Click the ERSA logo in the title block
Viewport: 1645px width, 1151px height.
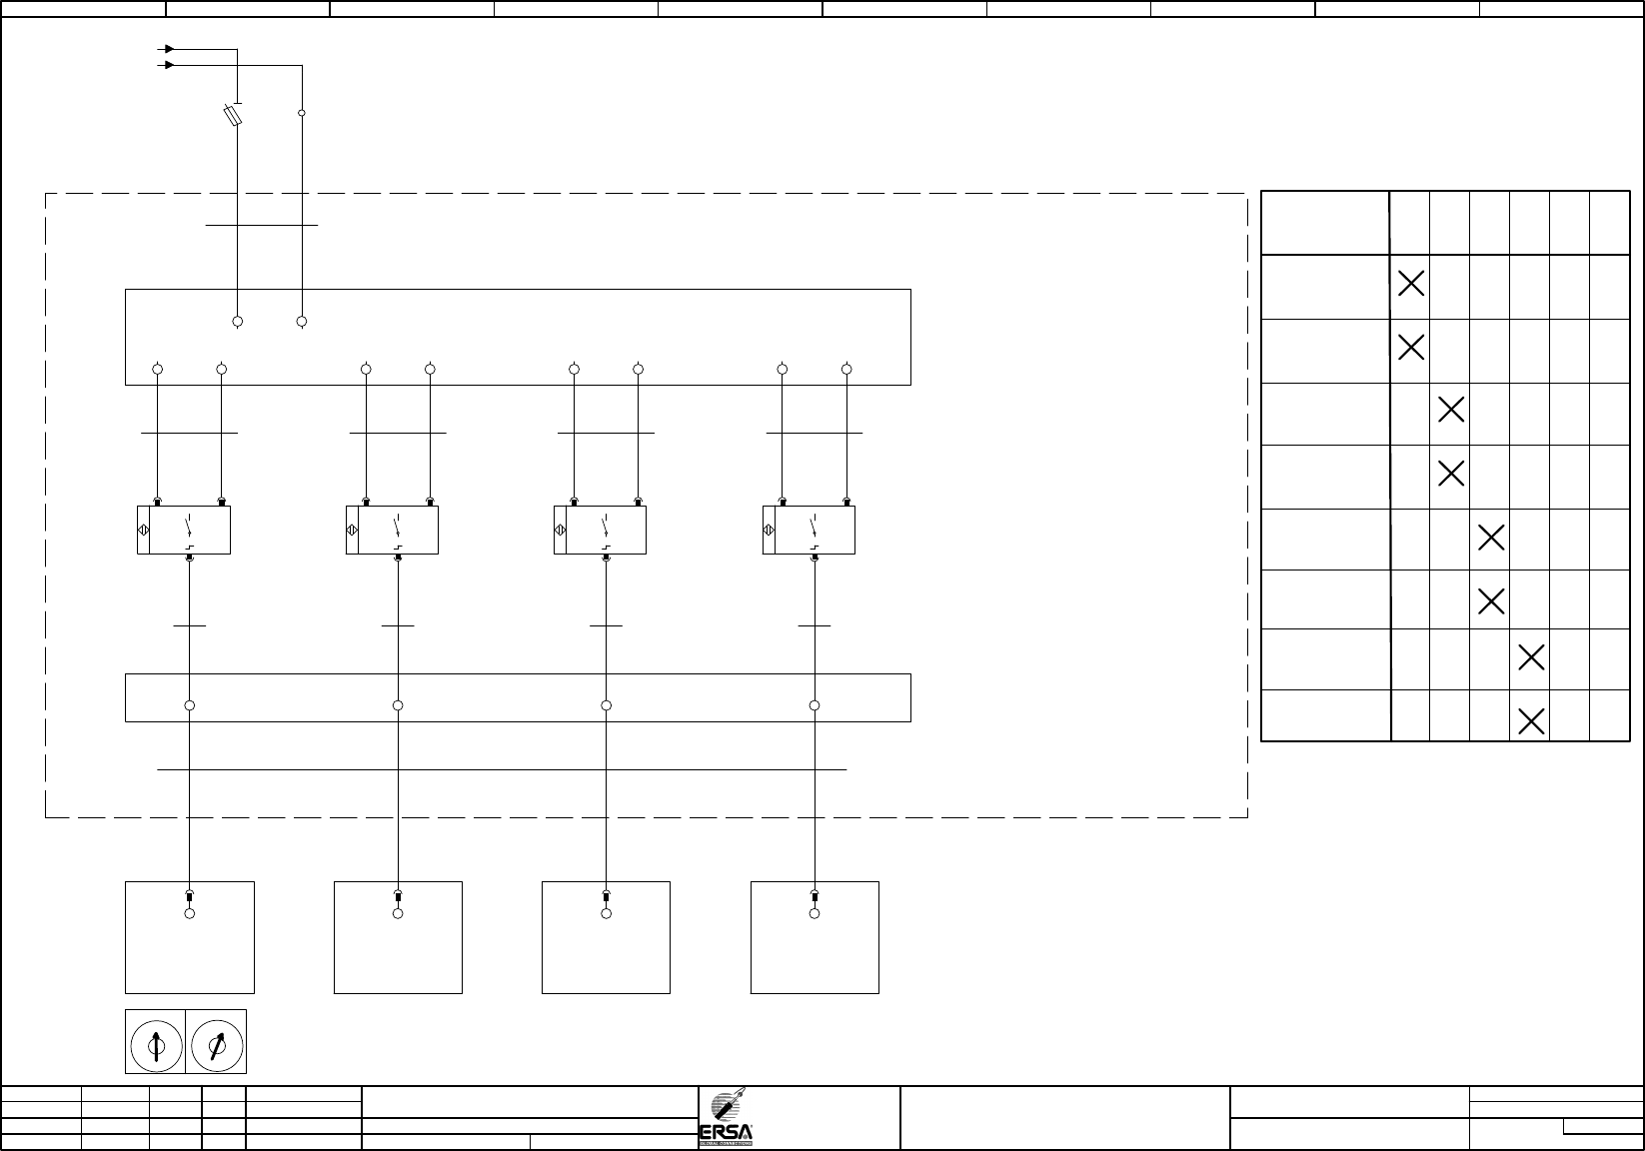(726, 1119)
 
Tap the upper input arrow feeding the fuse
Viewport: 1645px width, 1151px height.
(170, 48)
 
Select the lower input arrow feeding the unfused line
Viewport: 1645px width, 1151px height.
(170, 65)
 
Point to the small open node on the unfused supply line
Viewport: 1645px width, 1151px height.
(302, 113)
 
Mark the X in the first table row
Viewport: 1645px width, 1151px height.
(1411, 284)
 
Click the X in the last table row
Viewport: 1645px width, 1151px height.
(1531, 719)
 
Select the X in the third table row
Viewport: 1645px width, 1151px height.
(1451, 409)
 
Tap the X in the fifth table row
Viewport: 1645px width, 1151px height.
(1491, 538)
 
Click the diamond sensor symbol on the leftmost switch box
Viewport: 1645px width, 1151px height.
(143, 531)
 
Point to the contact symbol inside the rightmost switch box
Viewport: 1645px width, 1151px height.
(814, 531)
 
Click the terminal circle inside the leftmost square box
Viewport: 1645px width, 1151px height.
(190, 913)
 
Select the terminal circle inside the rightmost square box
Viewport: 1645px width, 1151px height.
(815, 913)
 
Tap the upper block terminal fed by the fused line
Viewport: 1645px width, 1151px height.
(238, 322)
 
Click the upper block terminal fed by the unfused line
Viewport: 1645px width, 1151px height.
(302, 322)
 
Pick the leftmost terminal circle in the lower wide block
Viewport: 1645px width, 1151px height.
(190, 705)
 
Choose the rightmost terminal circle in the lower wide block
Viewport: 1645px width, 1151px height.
(815, 705)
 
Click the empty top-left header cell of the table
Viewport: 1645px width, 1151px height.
(1325, 222)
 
